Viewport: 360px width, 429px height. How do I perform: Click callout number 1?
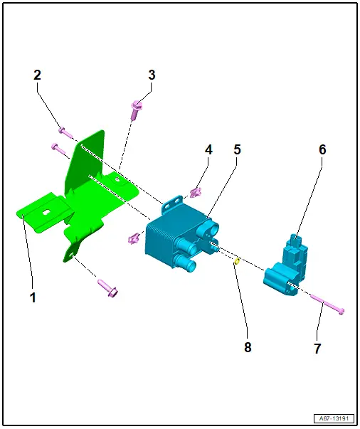[33, 297]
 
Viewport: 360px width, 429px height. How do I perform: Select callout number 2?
[38, 75]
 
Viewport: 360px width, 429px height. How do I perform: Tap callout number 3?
[152, 75]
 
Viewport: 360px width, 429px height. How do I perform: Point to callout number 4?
[208, 149]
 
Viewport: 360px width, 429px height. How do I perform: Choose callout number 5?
[237, 149]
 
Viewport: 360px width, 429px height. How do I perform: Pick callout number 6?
[322, 149]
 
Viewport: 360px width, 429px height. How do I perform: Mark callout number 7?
[317, 349]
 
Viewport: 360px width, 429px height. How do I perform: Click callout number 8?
[248, 347]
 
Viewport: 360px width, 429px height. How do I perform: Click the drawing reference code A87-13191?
[334, 418]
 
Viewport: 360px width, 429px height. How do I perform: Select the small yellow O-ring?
[237, 262]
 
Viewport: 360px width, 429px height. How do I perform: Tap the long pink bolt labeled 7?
[327, 304]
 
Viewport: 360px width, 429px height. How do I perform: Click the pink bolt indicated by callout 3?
[136, 110]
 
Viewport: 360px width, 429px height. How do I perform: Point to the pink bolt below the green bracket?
[107, 289]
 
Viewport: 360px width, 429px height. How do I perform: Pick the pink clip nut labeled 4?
[196, 193]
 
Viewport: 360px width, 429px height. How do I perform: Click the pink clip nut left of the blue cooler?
[134, 238]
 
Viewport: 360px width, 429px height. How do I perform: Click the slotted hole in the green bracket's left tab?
[47, 212]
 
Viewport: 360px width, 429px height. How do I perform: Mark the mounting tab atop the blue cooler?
[172, 203]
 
